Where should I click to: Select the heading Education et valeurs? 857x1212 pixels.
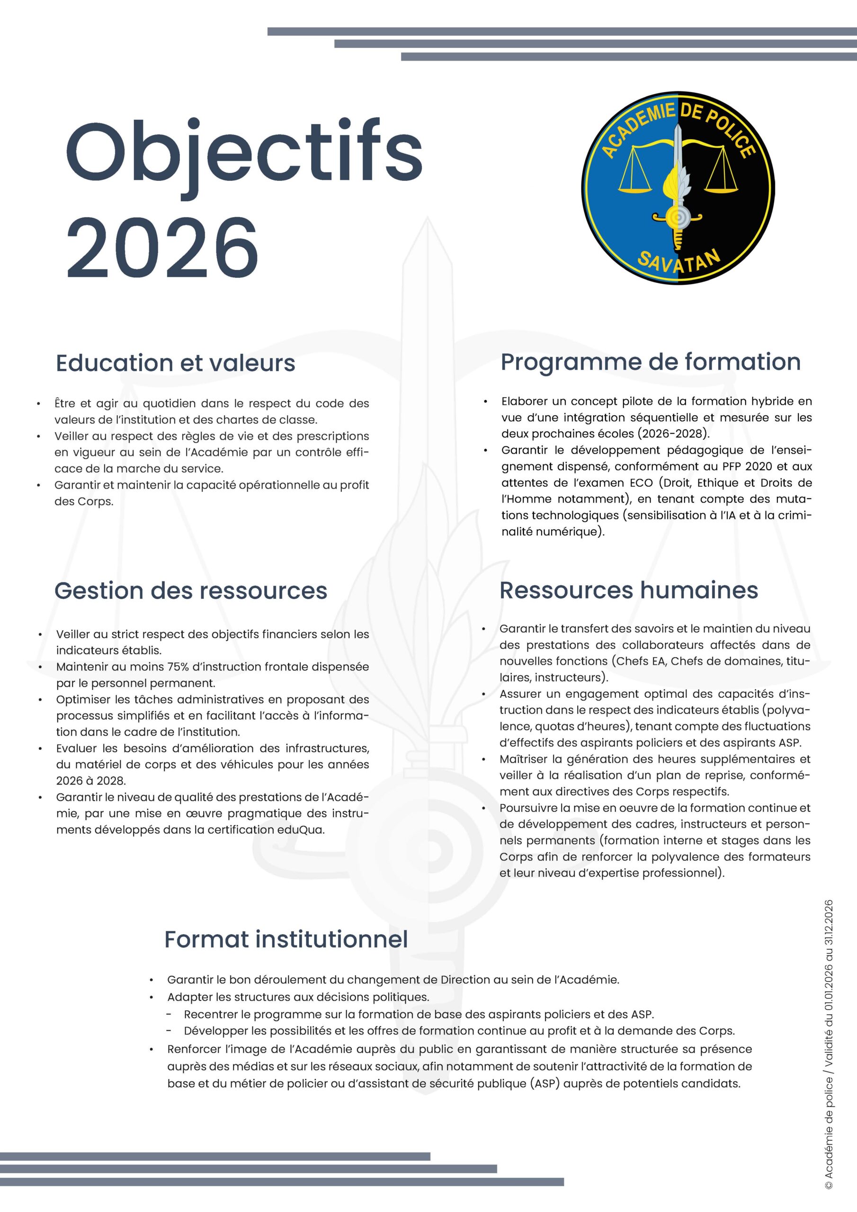[x=175, y=363]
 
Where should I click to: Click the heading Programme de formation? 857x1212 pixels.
[x=650, y=362]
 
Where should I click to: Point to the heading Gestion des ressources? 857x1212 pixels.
[x=191, y=590]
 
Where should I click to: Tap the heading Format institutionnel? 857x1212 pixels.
[x=286, y=939]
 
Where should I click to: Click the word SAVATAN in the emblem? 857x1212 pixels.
[x=678, y=261]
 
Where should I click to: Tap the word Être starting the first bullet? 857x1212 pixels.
[x=64, y=404]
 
